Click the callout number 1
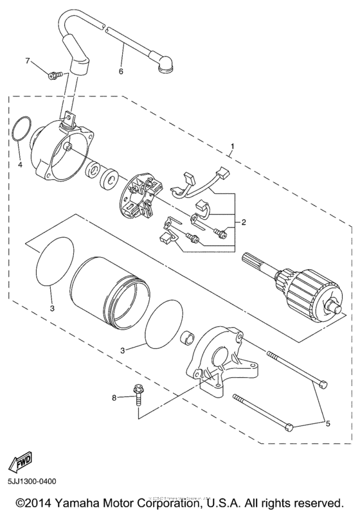click(232, 146)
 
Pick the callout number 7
click(28, 61)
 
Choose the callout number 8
click(115, 398)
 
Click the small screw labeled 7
click(54, 75)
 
